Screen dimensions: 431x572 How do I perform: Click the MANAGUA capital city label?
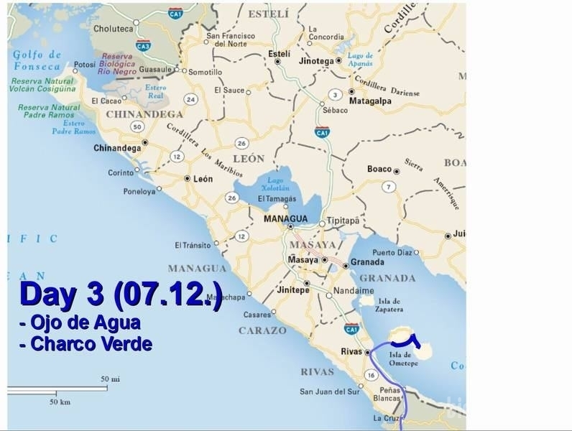pos(285,218)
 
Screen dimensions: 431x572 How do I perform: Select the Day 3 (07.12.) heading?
pos(121,294)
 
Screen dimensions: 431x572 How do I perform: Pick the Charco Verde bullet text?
pos(86,344)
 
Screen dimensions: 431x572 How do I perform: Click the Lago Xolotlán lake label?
pos(274,183)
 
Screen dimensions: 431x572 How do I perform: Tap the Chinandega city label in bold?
pos(117,148)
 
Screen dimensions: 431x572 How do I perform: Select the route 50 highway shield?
pos(137,126)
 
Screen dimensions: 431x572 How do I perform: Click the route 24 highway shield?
pos(190,98)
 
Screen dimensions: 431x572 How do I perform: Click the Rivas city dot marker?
pos(367,352)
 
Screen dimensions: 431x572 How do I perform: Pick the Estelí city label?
pos(279,54)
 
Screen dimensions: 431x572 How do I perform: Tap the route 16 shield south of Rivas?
pos(371,374)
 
